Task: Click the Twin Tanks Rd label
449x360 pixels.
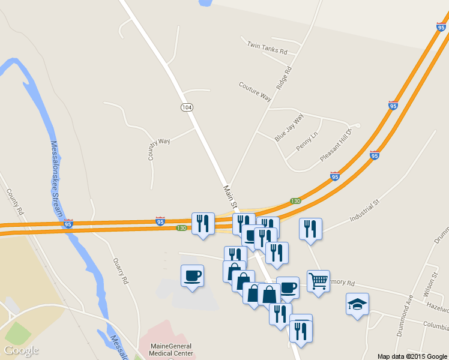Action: tap(267, 48)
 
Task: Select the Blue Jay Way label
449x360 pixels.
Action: tap(289, 127)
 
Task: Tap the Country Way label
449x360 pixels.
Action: tap(159, 149)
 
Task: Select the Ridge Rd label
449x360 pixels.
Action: tap(284, 78)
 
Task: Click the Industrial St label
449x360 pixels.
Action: tap(365, 211)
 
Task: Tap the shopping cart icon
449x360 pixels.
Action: tap(318, 281)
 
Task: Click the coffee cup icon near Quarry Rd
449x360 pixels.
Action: tap(192, 275)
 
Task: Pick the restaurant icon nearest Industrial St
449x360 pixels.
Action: tap(310, 229)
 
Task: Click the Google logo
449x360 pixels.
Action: tap(21, 350)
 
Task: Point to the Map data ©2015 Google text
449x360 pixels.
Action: tap(412, 356)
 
